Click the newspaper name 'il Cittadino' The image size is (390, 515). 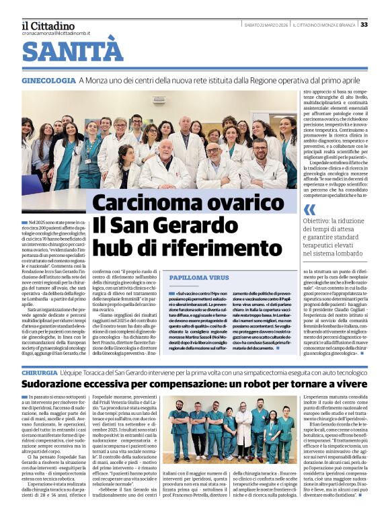point(47,24)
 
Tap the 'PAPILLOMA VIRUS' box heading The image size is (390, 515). point(199,277)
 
